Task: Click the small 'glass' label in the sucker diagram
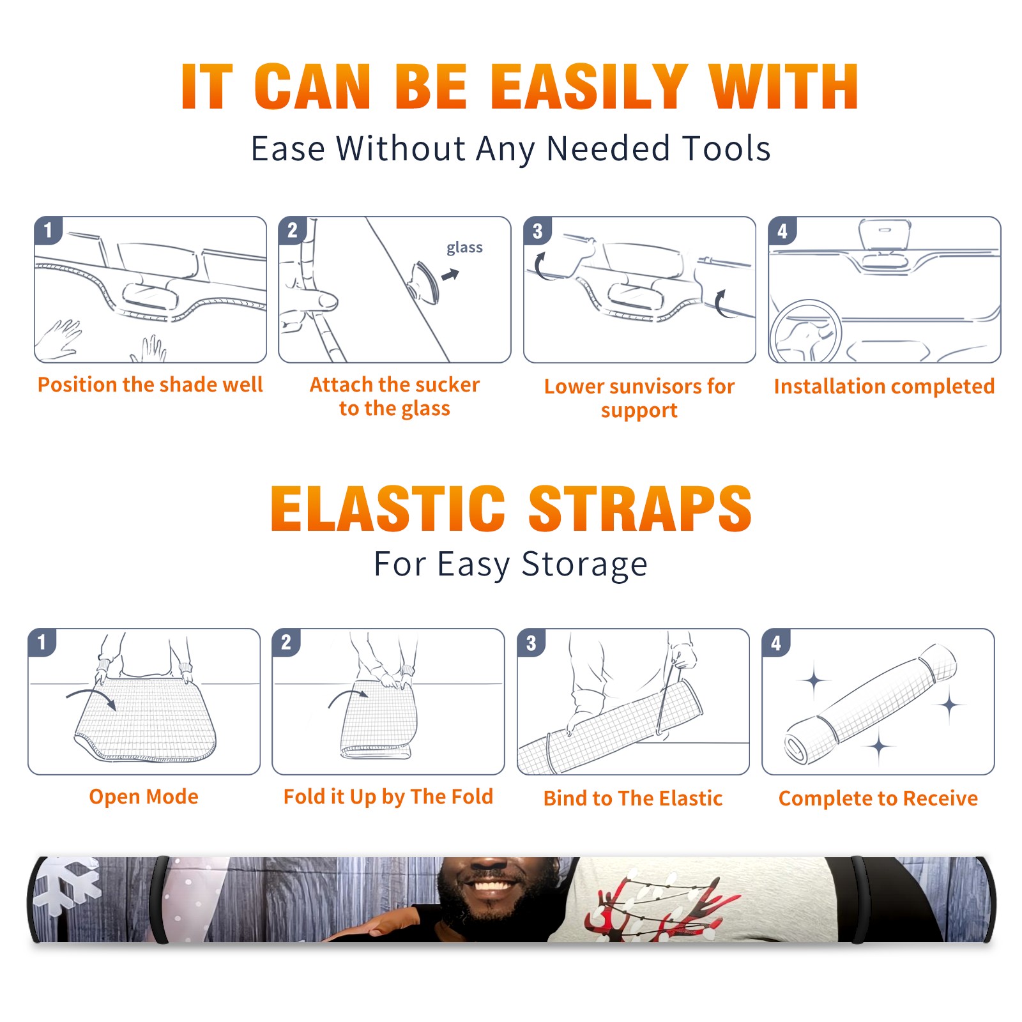click(464, 248)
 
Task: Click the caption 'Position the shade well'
click(150, 385)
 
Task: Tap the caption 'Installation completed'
click(884, 386)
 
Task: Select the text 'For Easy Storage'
click(511, 565)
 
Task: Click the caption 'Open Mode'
click(144, 797)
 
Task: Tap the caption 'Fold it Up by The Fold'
click(388, 797)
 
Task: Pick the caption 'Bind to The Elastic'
click(633, 798)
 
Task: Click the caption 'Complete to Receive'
click(878, 798)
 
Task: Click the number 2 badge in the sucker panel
click(293, 230)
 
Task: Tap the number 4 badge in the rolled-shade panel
click(776, 643)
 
